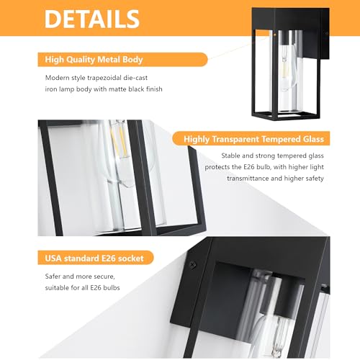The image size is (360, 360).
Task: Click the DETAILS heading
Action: (92, 19)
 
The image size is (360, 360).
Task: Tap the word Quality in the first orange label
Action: (81, 60)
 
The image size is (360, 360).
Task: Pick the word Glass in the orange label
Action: (313, 139)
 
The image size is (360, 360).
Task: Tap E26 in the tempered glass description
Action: (249, 167)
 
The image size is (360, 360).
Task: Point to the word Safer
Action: (53, 276)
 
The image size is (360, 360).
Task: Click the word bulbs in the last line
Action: (112, 287)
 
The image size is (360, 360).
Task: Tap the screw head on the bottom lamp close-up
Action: (192, 265)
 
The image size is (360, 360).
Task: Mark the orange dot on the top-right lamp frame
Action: (274, 35)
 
